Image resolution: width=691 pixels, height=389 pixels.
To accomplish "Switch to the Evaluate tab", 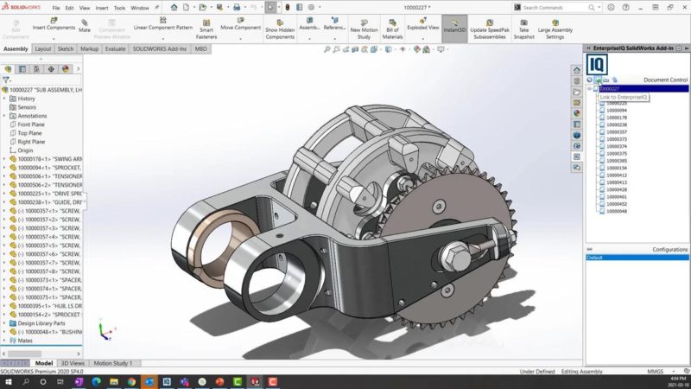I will coord(115,49).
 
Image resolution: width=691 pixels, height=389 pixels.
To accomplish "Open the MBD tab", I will coord(201,49).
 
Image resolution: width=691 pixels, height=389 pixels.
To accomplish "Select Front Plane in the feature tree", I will coord(33,124).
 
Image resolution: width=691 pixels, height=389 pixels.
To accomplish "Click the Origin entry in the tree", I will coord(26,150).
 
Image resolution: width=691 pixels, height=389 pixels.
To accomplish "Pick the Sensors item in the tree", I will coord(28,107).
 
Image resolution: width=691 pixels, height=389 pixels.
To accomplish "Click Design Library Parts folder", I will coord(38,322).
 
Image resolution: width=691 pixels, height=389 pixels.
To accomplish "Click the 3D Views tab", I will coord(73,363).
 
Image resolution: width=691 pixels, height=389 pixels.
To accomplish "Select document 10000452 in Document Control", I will coord(616,204).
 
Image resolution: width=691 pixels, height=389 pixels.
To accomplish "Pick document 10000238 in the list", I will coord(616,124).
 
